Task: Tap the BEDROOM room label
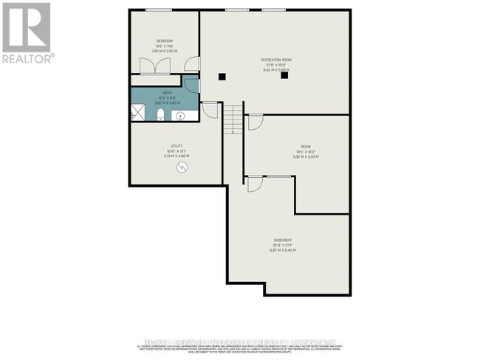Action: pyautogui.click(x=164, y=40)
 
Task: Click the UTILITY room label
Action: pyautogui.click(x=176, y=147)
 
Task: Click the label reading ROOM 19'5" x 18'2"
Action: pyautogui.click(x=306, y=147)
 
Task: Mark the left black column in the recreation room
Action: pyautogui.click(x=222, y=75)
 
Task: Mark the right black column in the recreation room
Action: pyautogui.click(x=284, y=75)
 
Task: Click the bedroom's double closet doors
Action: pyautogui.click(x=159, y=65)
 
